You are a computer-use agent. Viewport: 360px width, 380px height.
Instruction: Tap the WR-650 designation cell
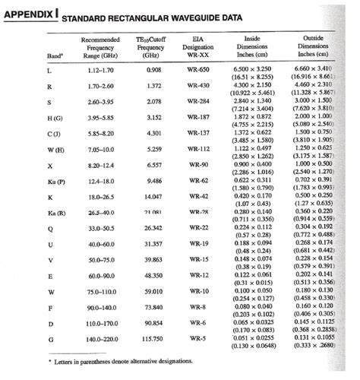199,69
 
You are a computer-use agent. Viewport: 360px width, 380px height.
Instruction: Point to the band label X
49,164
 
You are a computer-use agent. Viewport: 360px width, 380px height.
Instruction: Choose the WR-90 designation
199,164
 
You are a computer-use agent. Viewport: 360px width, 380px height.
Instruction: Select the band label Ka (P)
55,180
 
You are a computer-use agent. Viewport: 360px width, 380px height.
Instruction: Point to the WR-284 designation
199,101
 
